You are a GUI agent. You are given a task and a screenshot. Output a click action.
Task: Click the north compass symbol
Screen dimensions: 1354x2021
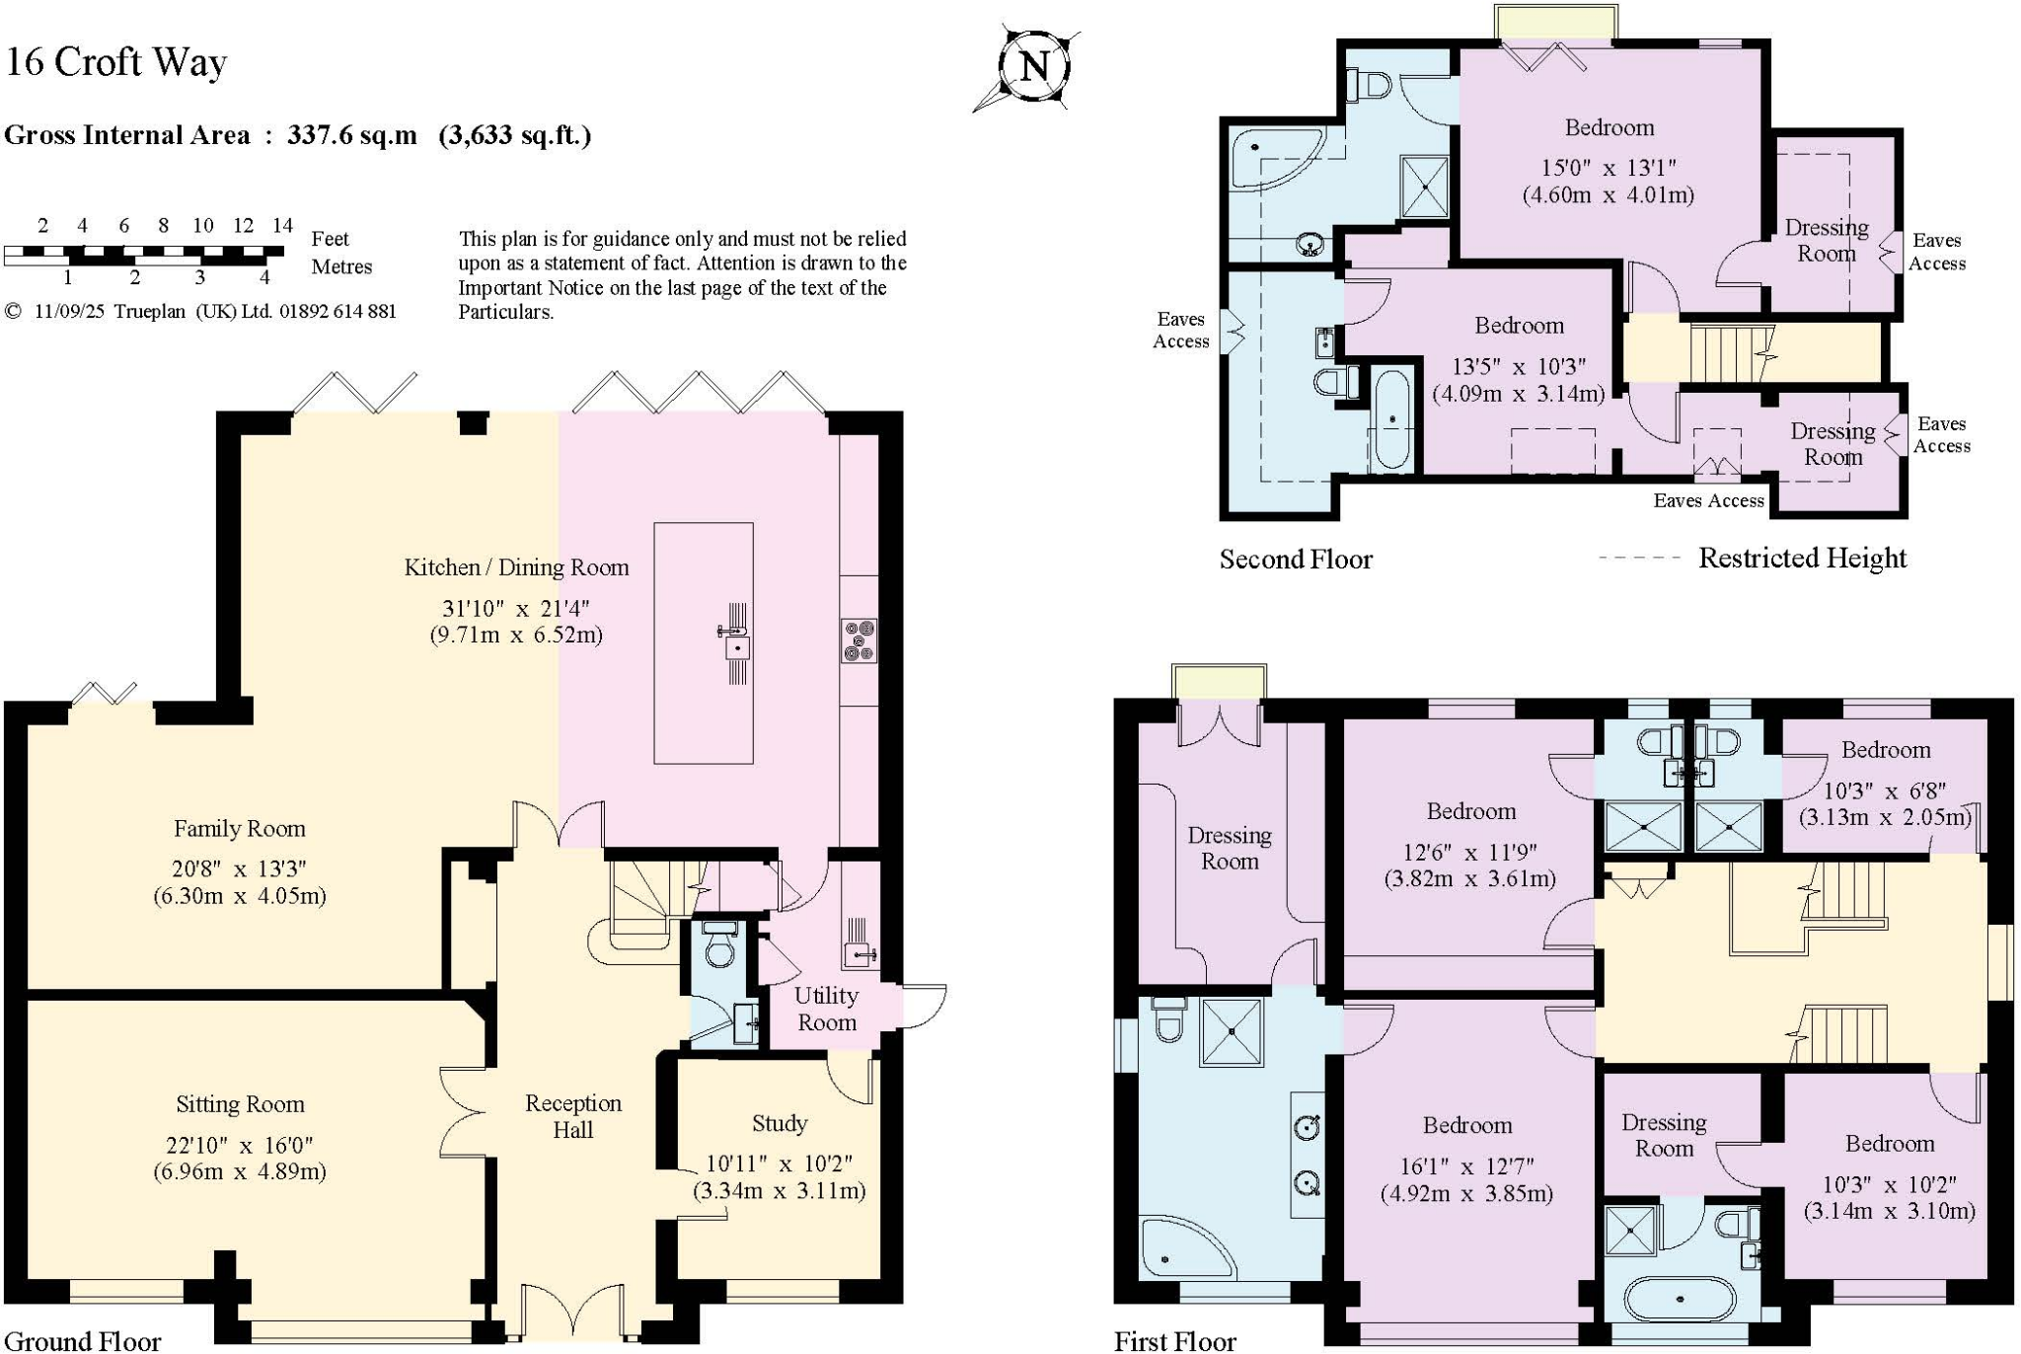(1033, 67)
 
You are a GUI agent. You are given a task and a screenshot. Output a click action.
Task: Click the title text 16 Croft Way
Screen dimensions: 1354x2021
(116, 62)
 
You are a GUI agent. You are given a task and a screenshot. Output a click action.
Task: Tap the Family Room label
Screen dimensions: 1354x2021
(239, 829)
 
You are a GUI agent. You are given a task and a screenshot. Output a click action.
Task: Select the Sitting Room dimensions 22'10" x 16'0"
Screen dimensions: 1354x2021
(239, 1146)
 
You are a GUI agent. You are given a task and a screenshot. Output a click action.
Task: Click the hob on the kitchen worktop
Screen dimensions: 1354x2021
(859, 639)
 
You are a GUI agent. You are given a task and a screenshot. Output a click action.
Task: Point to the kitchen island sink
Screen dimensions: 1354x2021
(736, 647)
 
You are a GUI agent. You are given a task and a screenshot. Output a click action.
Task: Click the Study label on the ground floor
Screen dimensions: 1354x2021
(779, 1123)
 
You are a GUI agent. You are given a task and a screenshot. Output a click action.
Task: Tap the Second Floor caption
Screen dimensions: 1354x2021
(1295, 560)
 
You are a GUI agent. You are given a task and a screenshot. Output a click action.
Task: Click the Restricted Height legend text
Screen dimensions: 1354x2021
(1801, 558)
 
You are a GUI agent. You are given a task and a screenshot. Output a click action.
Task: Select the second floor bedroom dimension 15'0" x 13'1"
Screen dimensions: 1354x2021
(1608, 168)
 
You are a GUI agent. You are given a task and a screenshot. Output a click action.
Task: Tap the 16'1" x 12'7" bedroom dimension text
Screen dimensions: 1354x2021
(1465, 1166)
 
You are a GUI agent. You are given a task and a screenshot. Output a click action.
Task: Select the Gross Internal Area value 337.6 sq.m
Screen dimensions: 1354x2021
(351, 135)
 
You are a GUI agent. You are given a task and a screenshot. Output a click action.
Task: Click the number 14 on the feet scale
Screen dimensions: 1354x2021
(282, 225)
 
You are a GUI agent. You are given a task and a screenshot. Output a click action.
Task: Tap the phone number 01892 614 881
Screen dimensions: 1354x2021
(337, 312)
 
